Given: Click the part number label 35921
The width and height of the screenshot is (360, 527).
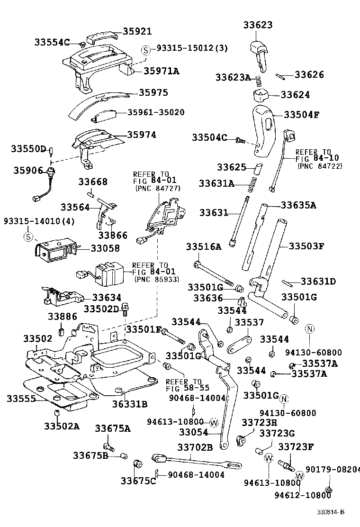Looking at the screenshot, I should tap(137, 32).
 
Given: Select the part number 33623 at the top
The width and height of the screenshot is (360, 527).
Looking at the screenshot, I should tap(258, 25).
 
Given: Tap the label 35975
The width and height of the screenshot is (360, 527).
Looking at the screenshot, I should tap(153, 92).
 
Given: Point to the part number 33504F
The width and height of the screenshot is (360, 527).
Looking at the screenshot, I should tap(302, 114).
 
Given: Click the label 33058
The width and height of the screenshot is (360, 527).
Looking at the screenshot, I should tap(105, 248).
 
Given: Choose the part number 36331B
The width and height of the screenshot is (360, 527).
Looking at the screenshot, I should tap(129, 404).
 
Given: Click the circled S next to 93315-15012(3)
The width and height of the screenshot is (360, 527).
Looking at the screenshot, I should tap(146, 49).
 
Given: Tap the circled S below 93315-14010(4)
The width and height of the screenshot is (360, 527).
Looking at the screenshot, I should tap(28, 236).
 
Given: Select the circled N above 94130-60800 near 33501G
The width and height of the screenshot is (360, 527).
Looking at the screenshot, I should tap(309, 329).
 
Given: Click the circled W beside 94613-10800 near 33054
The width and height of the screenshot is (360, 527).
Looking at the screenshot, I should tap(213, 422).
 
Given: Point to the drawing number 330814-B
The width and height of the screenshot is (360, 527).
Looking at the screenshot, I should tap(331, 512).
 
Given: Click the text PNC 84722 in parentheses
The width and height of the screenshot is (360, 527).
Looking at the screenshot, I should tap(319, 166).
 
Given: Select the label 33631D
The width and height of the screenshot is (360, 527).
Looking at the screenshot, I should tap(318, 282).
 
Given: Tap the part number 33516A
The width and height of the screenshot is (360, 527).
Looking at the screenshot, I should tap(203, 246).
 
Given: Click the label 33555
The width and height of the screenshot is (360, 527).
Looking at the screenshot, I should tap(21, 399).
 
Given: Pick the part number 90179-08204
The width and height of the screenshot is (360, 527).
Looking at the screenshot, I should tap(332, 469).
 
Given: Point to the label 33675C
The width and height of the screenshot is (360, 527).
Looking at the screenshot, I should tap(138, 481).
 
